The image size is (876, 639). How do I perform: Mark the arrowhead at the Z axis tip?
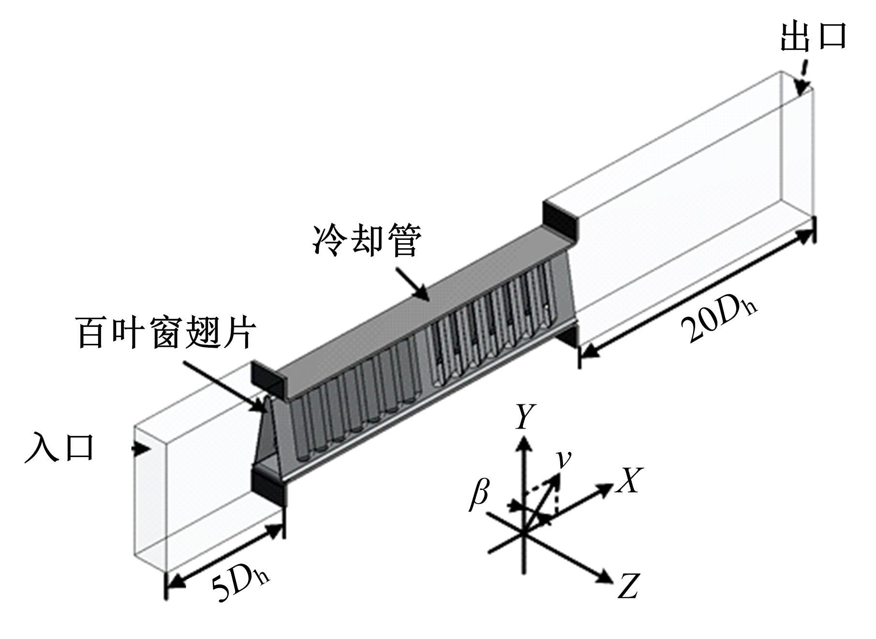pyautogui.click(x=606, y=576)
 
